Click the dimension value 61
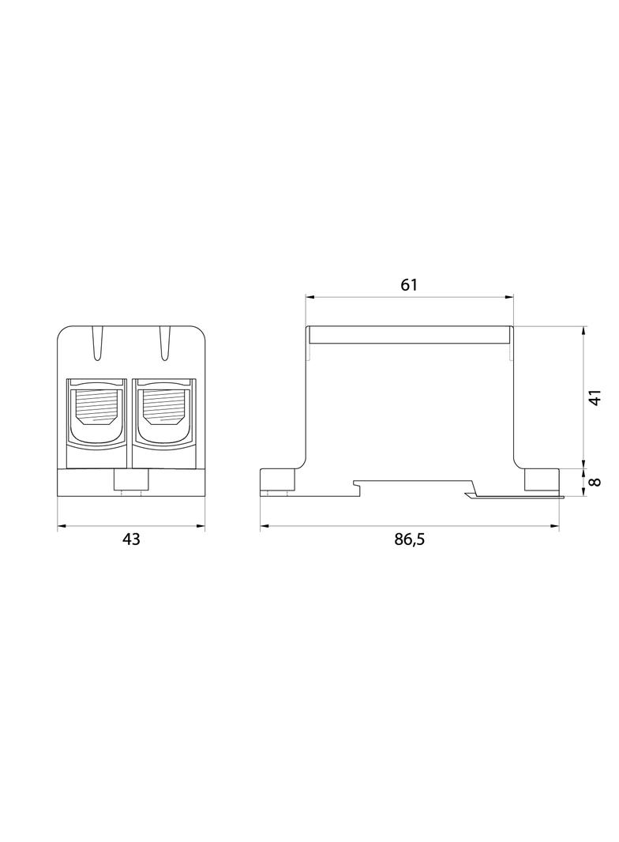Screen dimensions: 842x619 coord(408,285)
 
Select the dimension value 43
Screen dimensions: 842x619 coord(131,539)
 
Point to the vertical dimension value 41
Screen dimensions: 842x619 coord(596,397)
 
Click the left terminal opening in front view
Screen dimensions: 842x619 coord(96,411)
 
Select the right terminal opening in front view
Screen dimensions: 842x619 coord(164,411)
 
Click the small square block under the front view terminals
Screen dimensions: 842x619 coord(130,479)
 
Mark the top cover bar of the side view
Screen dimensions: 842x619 coord(411,336)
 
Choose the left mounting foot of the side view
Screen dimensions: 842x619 coord(279,479)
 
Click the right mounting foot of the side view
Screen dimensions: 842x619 coord(542,479)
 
